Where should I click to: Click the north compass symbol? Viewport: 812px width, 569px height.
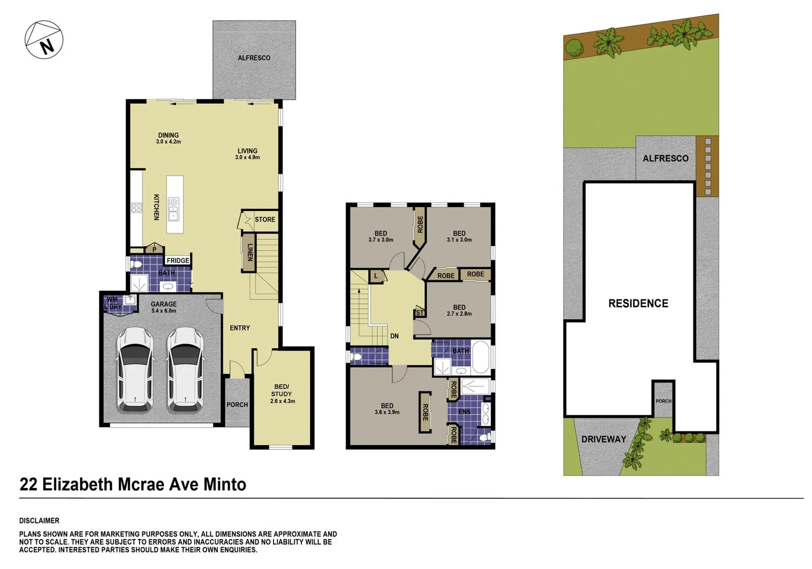(x=44, y=40)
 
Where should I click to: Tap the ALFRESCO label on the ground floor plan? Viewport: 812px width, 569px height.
(x=253, y=58)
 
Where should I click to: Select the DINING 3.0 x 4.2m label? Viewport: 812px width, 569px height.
(x=168, y=138)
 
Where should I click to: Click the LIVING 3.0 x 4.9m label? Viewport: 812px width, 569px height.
(x=247, y=154)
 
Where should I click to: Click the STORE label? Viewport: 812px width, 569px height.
(x=265, y=219)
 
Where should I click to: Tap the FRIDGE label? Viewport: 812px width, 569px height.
(x=178, y=260)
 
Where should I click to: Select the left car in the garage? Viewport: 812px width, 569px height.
(x=135, y=369)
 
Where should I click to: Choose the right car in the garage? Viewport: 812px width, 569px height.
(x=185, y=369)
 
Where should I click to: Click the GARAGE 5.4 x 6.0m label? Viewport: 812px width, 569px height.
(x=163, y=307)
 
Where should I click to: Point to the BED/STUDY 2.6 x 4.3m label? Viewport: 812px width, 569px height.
(x=282, y=394)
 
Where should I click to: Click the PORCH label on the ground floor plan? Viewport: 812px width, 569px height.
(x=237, y=405)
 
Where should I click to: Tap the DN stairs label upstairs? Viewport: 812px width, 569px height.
(x=394, y=336)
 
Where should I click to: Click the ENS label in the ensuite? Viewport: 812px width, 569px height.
(x=464, y=411)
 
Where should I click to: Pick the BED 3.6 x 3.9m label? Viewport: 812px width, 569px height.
(x=387, y=409)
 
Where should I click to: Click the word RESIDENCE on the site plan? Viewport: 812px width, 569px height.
(x=638, y=303)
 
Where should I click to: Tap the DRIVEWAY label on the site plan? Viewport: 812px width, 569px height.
(x=603, y=439)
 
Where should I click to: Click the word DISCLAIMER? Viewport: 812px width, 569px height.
(x=39, y=521)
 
